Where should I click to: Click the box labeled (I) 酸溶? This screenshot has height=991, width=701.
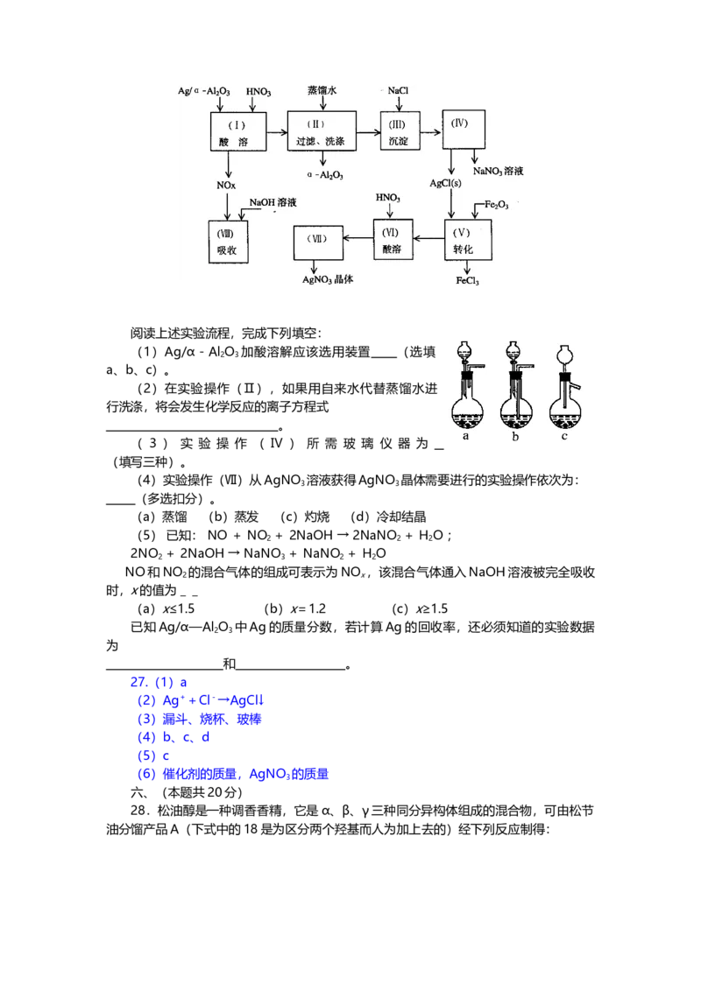pos(237,132)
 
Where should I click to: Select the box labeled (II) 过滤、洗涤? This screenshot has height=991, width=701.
pos(322,130)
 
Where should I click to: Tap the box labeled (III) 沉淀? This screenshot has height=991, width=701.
pos(400,130)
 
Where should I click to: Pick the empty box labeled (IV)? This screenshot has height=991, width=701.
pos(464,130)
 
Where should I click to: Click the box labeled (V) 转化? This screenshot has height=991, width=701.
pos(468,240)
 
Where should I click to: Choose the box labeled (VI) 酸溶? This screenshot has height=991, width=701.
pos(393,239)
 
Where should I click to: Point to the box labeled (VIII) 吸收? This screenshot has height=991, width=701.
pos(228,242)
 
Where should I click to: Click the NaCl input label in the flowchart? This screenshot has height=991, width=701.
pos(398,91)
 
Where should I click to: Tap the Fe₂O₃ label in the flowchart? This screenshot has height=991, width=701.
pos(497,205)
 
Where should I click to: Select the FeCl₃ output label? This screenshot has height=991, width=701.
pos(468,281)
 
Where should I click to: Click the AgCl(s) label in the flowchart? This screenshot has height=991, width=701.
pos(445,183)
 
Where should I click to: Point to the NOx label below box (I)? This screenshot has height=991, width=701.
pos(226,186)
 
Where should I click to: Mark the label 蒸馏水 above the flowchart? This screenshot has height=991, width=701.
pos(322,90)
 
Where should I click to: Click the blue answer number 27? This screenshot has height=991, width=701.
pos(139,682)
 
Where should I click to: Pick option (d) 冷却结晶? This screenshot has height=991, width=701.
pos(388,517)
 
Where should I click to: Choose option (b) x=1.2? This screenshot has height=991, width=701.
pos(294,608)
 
